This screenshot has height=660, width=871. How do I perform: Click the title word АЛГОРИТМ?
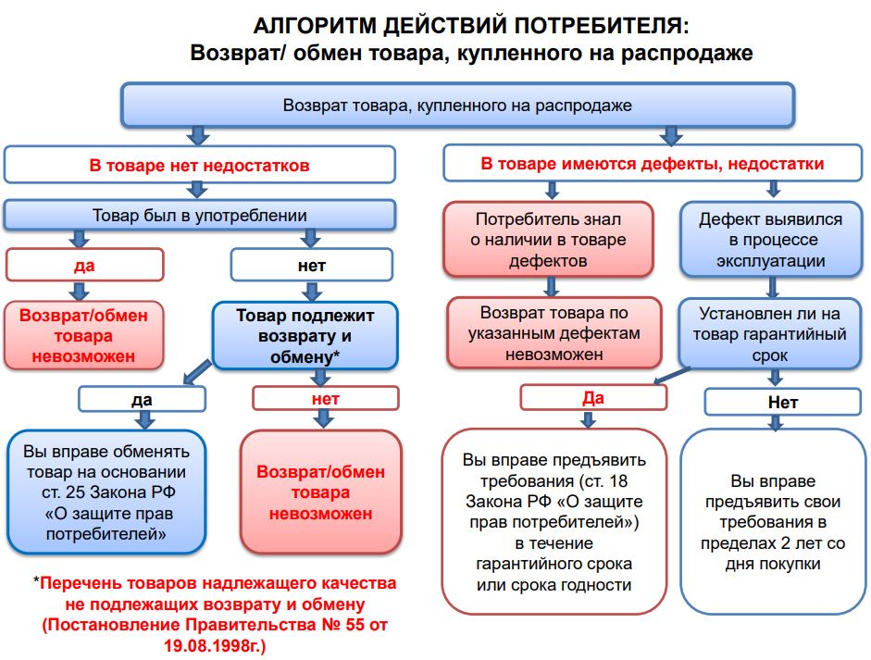click(x=312, y=25)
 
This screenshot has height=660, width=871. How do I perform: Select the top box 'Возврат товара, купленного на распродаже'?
click(x=457, y=105)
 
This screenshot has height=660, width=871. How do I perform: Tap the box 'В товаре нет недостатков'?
click(x=199, y=165)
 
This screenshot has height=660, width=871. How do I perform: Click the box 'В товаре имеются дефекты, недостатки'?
click(x=651, y=165)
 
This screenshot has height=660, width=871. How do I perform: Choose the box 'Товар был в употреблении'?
click(x=199, y=216)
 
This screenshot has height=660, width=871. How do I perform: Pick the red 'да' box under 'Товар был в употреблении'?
click(x=84, y=266)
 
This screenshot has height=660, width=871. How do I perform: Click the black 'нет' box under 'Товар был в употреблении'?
click(x=312, y=266)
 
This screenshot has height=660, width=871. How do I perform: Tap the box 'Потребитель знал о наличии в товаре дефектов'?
click(x=549, y=240)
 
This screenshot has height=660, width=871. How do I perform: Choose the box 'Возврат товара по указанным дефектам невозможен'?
click(x=554, y=333)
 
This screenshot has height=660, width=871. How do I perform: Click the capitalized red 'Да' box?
click(x=592, y=397)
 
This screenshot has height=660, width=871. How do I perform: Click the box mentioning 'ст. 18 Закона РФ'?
click(x=554, y=522)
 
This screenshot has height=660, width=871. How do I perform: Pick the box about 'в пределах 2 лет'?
click(x=773, y=522)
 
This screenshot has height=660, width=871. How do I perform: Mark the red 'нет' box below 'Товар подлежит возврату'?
click(x=325, y=399)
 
